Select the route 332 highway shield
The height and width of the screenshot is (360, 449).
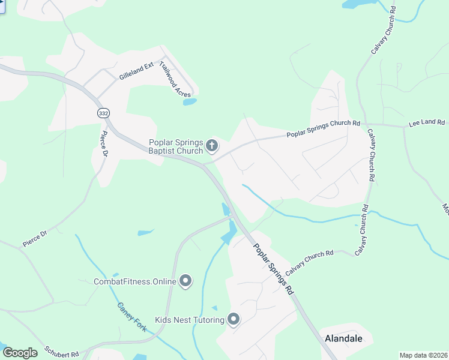click(x=103, y=113)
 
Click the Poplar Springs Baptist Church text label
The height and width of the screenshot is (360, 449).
click(x=176, y=146)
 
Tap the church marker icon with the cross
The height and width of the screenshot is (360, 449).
click(x=211, y=145)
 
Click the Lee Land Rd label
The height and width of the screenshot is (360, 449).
click(x=428, y=123)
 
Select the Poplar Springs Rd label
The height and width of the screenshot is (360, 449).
click(x=274, y=268)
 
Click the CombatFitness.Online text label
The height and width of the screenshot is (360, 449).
click(x=135, y=281)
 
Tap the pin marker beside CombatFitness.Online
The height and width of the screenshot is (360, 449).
click(x=186, y=280)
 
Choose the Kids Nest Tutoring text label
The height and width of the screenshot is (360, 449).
click(x=190, y=320)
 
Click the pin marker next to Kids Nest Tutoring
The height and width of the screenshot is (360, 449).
click(x=234, y=319)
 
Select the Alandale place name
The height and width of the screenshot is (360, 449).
click(x=343, y=338)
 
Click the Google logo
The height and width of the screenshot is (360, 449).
click(x=20, y=353)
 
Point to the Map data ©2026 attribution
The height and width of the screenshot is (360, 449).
click(x=424, y=355)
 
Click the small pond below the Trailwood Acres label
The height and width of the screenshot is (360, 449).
click(x=190, y=102)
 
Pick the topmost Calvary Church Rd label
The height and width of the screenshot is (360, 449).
click(x=384, y=31)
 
